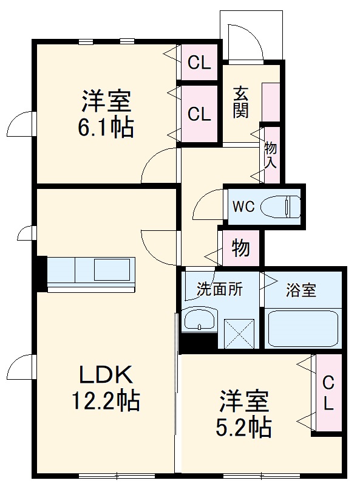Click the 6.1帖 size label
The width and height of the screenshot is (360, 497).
[x=107, y=128]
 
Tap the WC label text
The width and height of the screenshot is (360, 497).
[x=243, y=207]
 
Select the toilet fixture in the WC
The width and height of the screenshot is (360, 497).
[x=280, y=207]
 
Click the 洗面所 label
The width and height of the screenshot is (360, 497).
[x=219, y=289]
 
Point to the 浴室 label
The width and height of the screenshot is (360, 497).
[x=301, y=290]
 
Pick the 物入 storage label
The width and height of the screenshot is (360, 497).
[x=271, y=154]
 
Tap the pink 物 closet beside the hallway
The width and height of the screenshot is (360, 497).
[x=241, y=248]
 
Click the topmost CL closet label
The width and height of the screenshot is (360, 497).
[x=199, y=62]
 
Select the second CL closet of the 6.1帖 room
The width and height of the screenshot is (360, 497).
[x=199, y=114]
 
